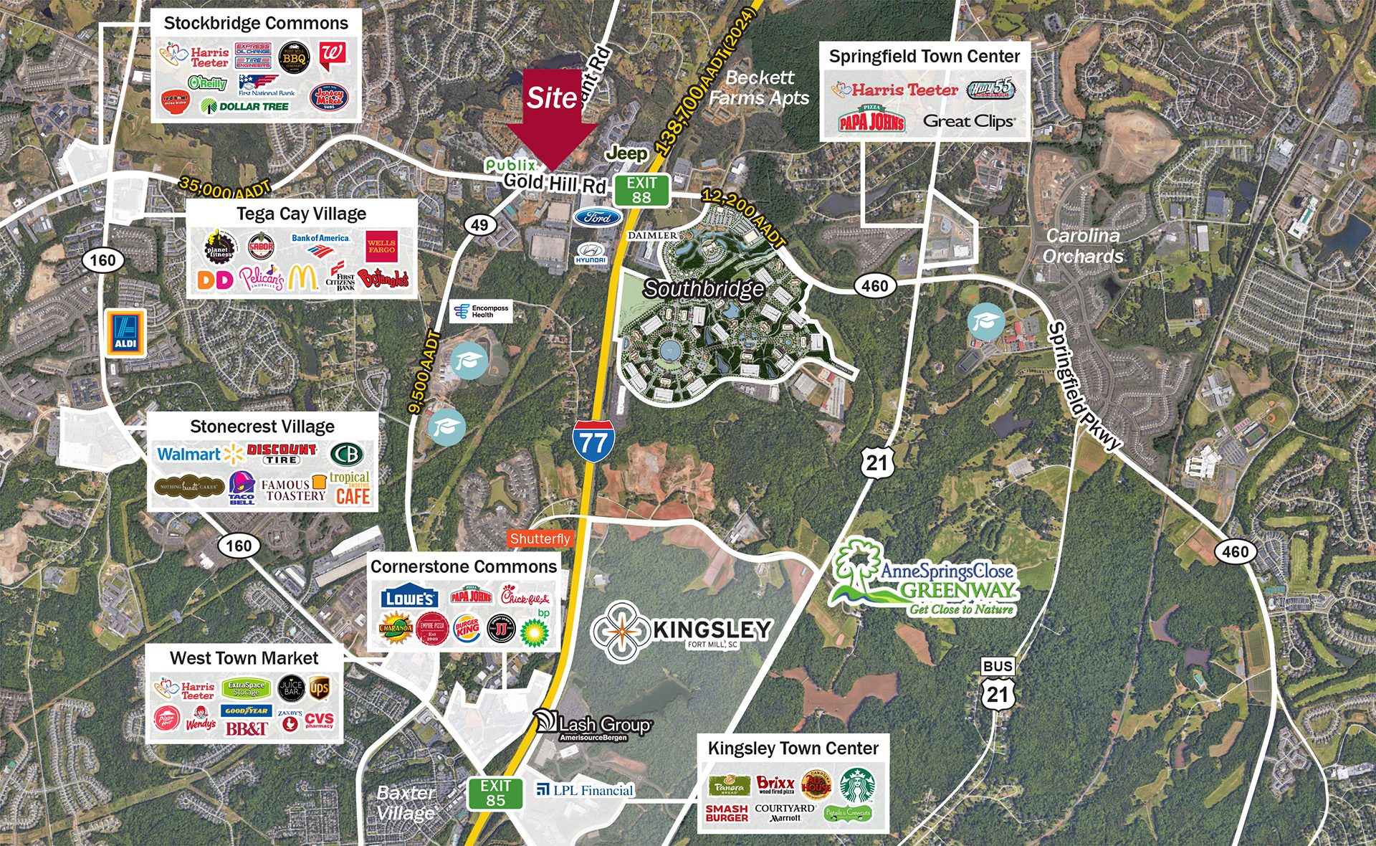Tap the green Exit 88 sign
coord(641,190)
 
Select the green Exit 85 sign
coord(495,794)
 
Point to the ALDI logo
coord(125,333)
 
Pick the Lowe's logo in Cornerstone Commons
coord(409,598)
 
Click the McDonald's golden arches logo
coord(303,277)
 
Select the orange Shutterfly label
coord(540,538)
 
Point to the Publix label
coord(510,165)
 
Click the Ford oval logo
coord(598,218)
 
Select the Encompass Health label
coord(482,311)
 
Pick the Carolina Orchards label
coord(1082,246)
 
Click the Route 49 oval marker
coord(479,224)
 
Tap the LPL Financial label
coord(586,790)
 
